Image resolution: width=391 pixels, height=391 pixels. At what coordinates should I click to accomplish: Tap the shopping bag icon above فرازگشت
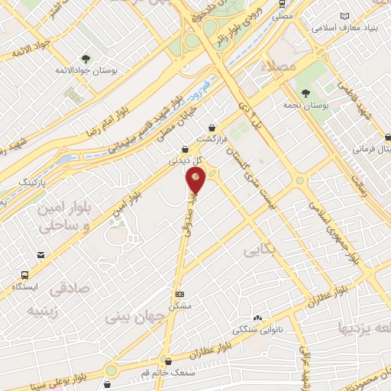click(x=222, y=128)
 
